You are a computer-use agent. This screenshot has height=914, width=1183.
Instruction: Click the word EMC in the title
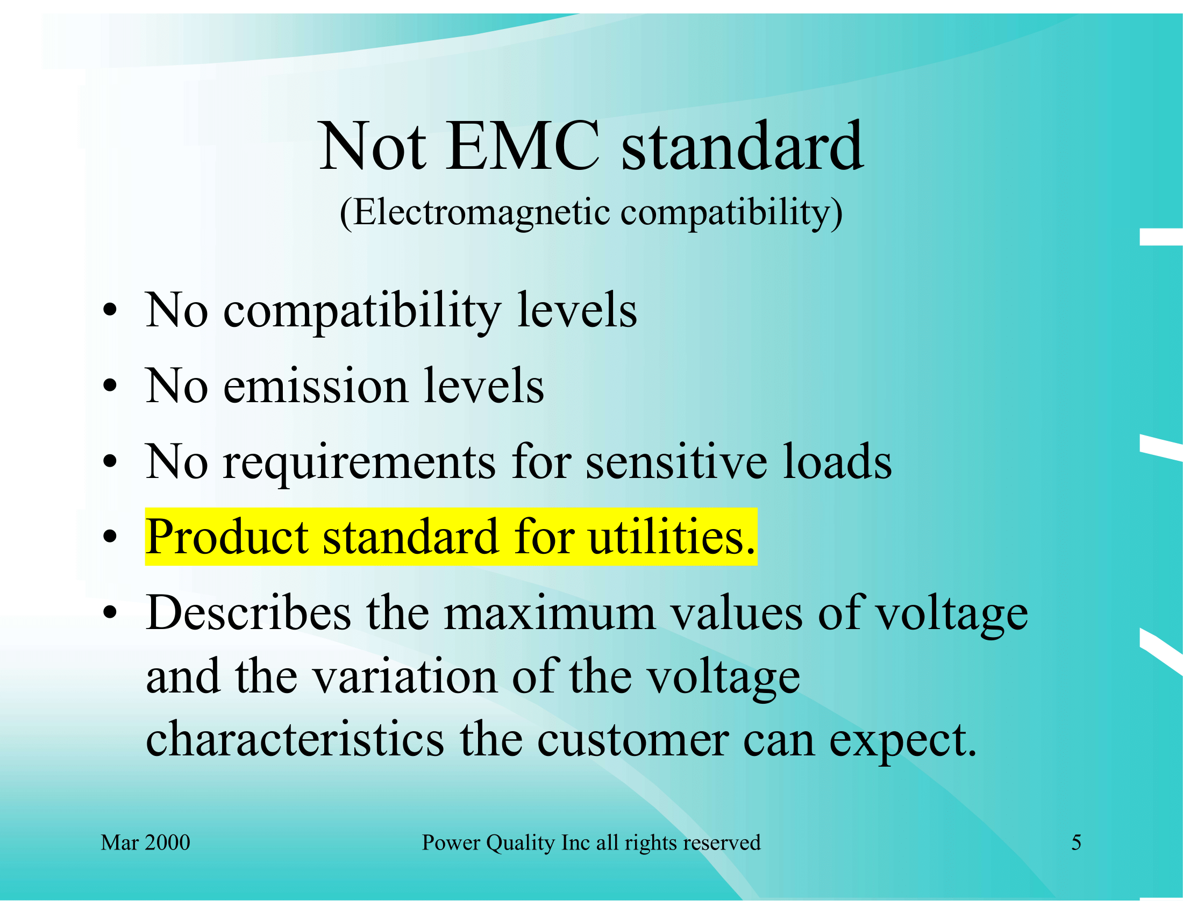coord(523,146)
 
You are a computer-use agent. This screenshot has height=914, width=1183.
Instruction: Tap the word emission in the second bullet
coord(315,385)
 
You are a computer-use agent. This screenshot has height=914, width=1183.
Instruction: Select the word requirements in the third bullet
coord(359,462)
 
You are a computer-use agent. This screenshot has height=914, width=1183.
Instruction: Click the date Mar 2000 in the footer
coord(145,842)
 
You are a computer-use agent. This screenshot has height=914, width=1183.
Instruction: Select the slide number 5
coord(1077,842)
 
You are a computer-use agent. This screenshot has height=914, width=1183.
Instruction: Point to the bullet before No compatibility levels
coord(110,310)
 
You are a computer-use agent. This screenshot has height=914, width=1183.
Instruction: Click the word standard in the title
coord(742,146)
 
